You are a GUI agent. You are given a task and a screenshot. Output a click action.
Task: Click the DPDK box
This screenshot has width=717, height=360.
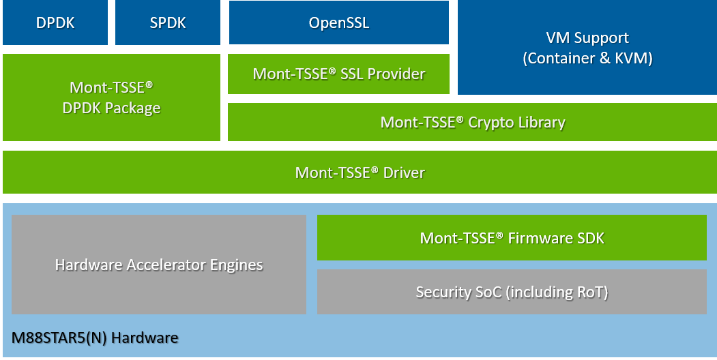[55, 22]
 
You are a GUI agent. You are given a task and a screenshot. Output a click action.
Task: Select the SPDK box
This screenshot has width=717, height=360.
[168, 22]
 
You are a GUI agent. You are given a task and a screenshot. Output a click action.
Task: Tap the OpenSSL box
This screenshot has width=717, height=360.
[339, 22]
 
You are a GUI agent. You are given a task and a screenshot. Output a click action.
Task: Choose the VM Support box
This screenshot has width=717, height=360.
[587, 48]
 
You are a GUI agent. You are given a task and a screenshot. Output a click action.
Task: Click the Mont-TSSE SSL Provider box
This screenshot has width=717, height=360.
[339, 74]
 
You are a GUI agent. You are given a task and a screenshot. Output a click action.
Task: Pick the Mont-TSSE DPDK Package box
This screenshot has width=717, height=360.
[112, 97]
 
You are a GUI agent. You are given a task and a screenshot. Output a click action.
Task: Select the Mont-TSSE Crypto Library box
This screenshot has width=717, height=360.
[472, 123]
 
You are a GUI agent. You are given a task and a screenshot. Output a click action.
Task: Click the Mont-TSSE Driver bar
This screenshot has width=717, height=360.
[359, 172]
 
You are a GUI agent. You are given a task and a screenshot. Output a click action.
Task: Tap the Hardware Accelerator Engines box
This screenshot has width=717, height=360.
[159, 265]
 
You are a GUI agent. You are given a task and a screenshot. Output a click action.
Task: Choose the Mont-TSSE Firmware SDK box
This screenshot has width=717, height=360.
[512, 238]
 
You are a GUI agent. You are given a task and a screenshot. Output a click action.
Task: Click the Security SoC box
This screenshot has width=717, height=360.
[512, 292]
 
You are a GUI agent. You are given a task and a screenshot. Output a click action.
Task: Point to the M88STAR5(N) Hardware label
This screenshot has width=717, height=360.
[95, 337]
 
